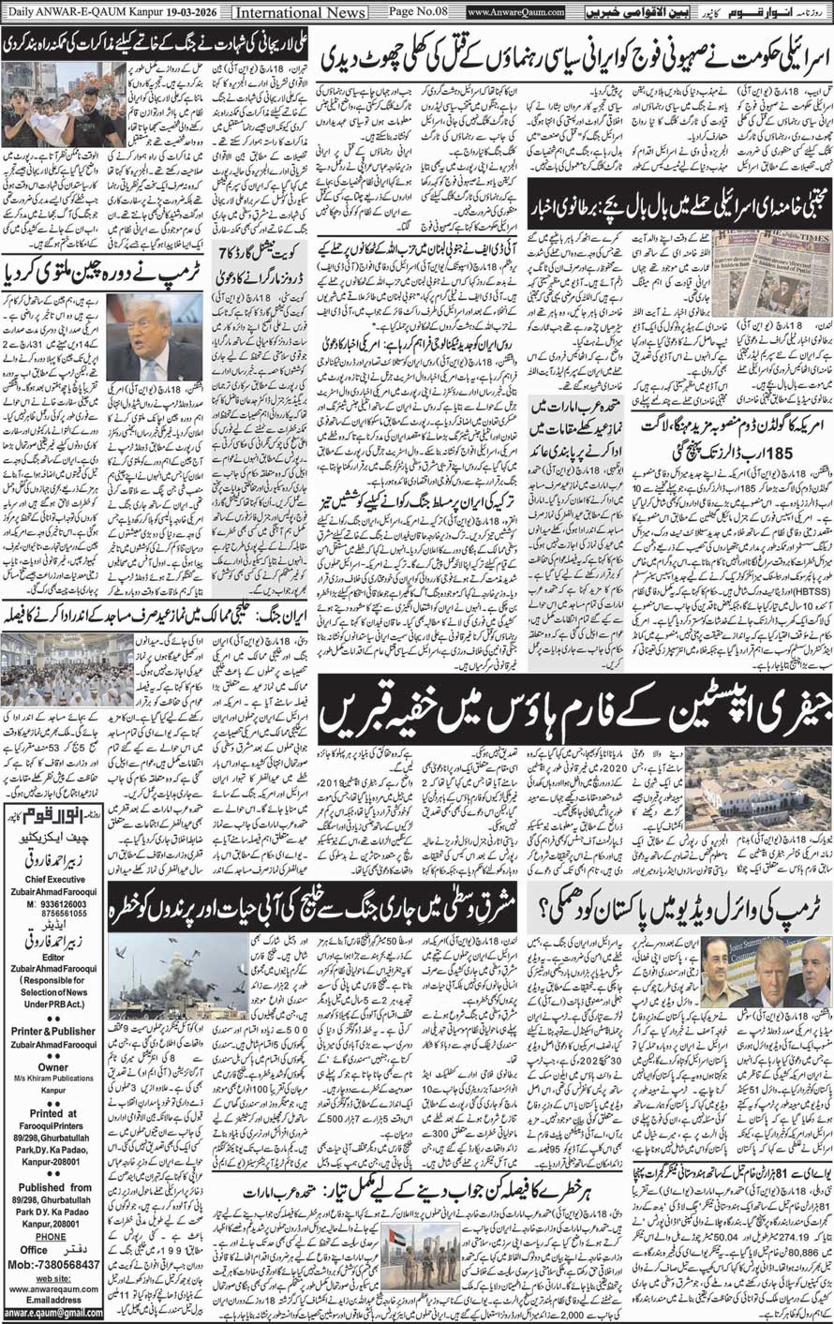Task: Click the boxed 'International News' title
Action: [x=287, y=12]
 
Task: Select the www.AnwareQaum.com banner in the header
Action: [x=515, y=12]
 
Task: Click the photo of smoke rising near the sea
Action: [x=177, y=974]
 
